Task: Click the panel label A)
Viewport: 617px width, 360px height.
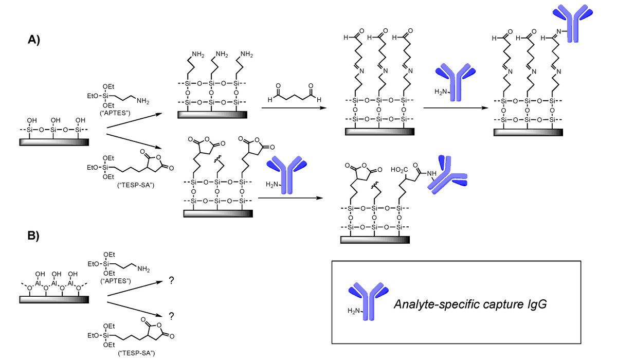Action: click(38, 40)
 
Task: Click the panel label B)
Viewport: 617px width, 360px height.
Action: click(38, 236)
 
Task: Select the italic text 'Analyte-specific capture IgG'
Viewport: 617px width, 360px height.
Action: click(469, 304)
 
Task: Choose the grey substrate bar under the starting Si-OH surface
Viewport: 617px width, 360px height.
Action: click(50, 141)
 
